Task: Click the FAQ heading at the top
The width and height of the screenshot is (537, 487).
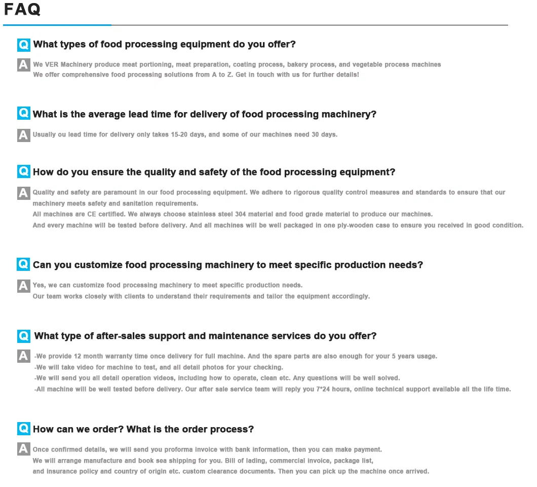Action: pos(22,9)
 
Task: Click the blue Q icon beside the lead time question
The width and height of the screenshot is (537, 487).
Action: pos(23,114)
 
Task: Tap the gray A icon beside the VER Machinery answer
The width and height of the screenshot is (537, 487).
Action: pos(23,65)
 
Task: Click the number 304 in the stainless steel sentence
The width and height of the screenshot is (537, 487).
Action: pos(241,214)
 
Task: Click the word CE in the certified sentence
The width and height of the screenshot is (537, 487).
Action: pos(92,214)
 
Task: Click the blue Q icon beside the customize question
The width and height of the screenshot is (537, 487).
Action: pos(23,264)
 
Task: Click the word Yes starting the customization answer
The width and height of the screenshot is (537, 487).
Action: pos(39,285)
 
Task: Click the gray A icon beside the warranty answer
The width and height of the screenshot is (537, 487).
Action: pos(23,356)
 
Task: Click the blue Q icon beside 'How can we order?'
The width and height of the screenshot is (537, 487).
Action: pos(23,429)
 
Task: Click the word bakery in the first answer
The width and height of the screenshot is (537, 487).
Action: pos(298,64)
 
